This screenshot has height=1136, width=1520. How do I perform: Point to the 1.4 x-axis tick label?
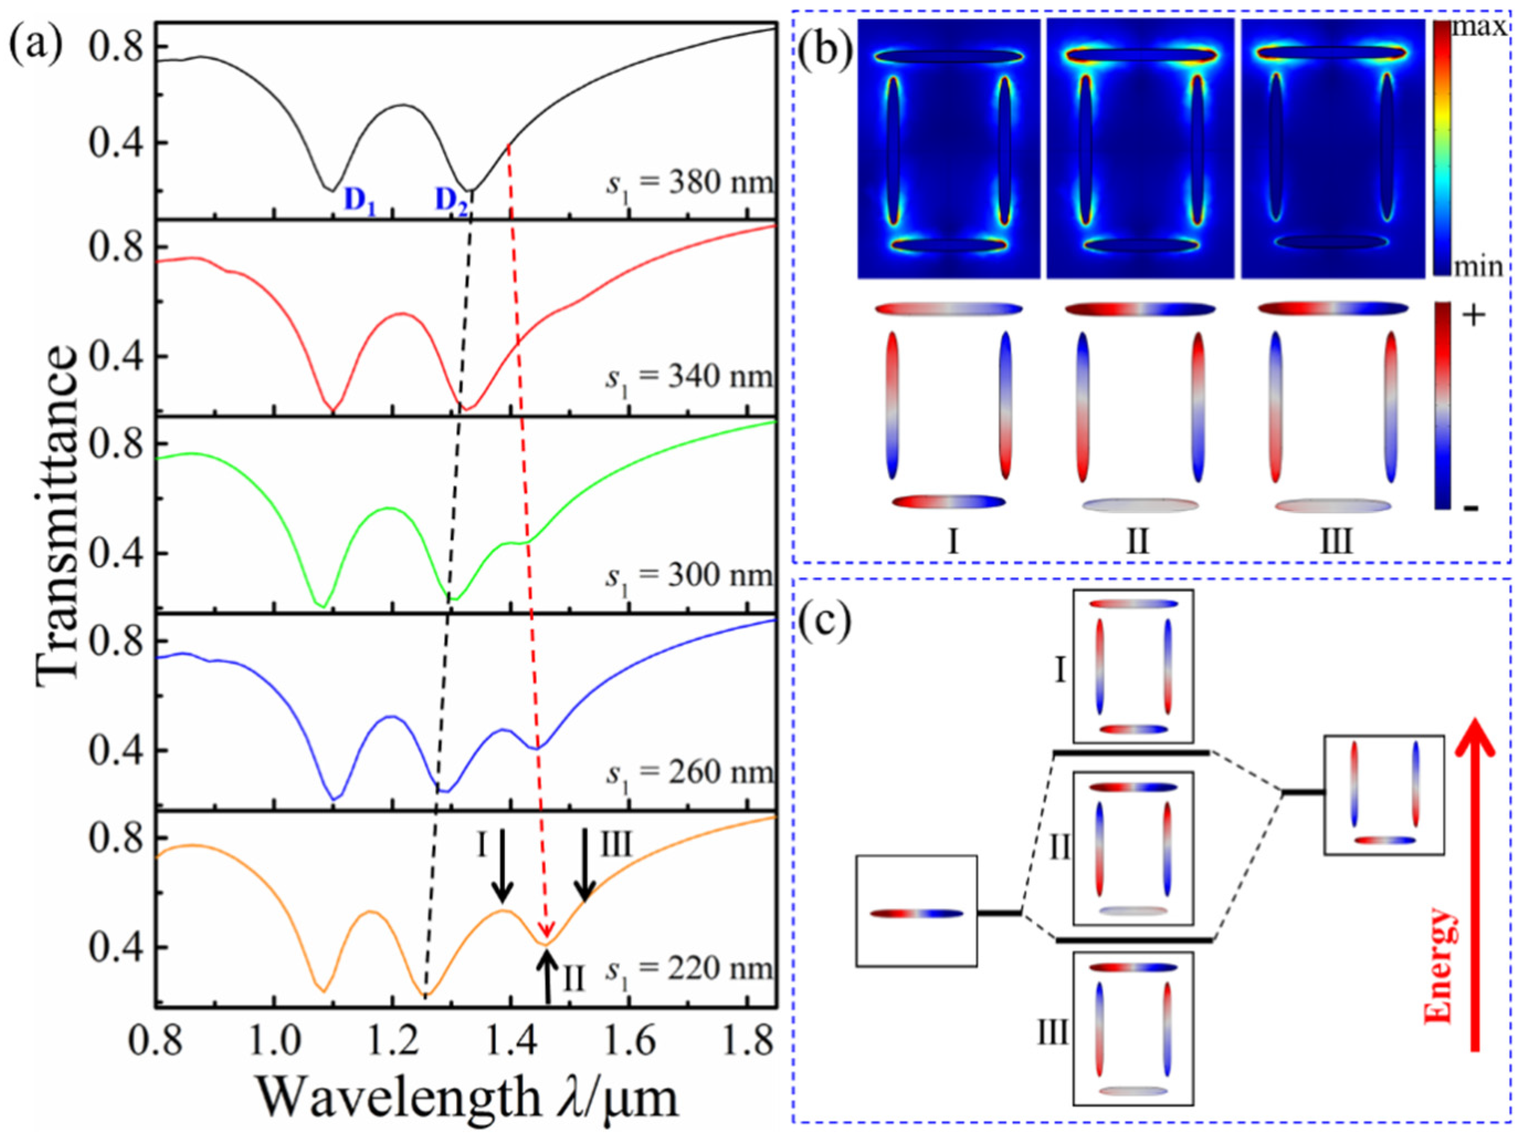point(509,1043)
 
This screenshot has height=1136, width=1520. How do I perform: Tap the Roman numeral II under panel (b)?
point(1137,541)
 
